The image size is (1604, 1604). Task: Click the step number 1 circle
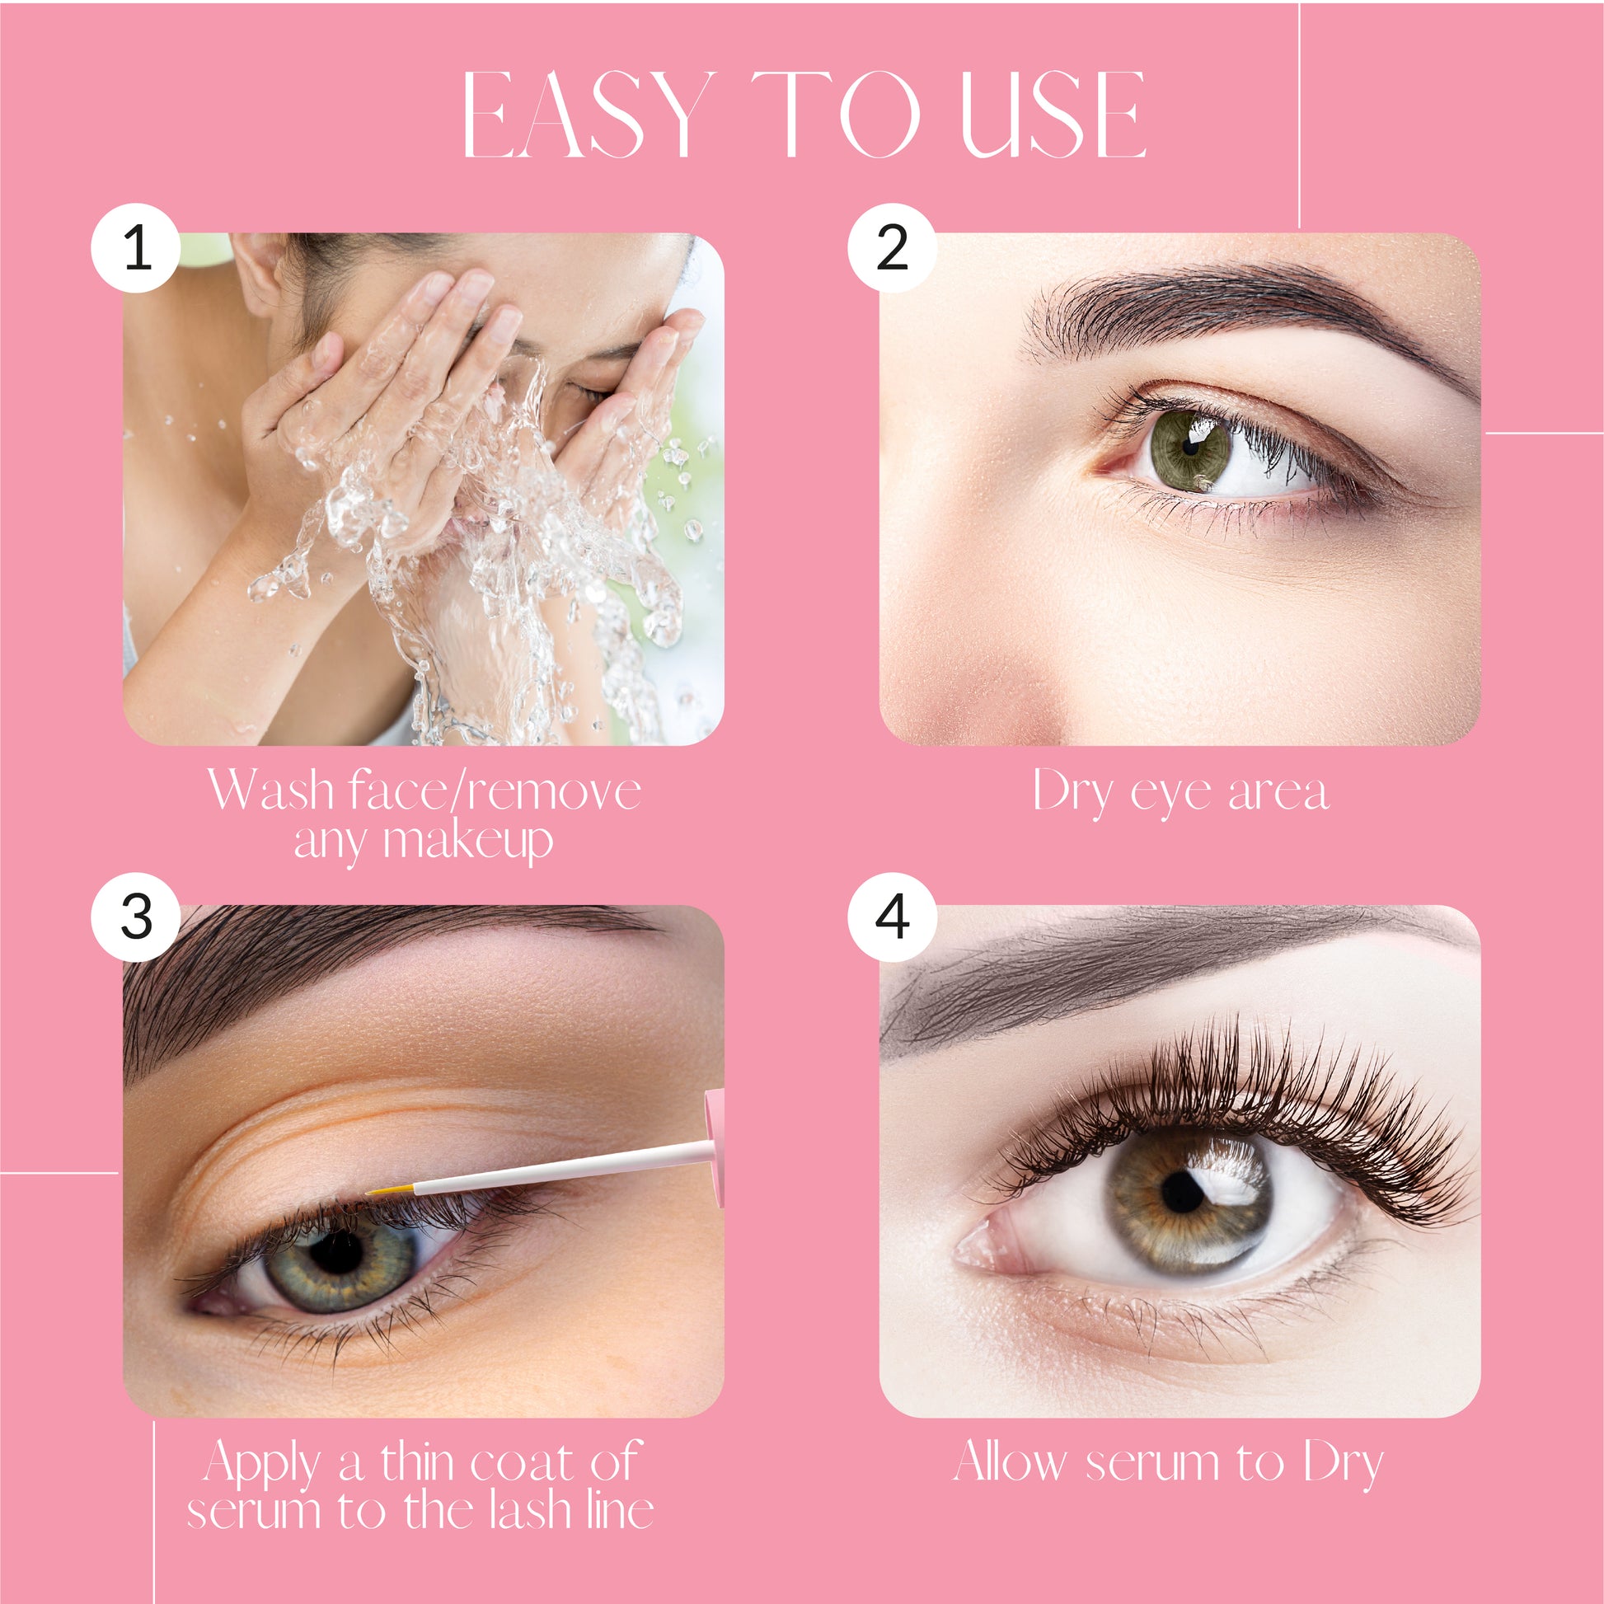(x=136, y=247)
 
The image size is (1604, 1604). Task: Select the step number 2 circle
(x=893, y=247)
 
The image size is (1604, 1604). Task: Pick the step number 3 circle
(x=136, y=917)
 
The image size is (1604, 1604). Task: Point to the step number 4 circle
(x=893, y=917)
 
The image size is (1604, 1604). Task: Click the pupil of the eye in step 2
(x=1190, y=448)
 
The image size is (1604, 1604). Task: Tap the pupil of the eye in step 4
(x=1184, y=1193)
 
